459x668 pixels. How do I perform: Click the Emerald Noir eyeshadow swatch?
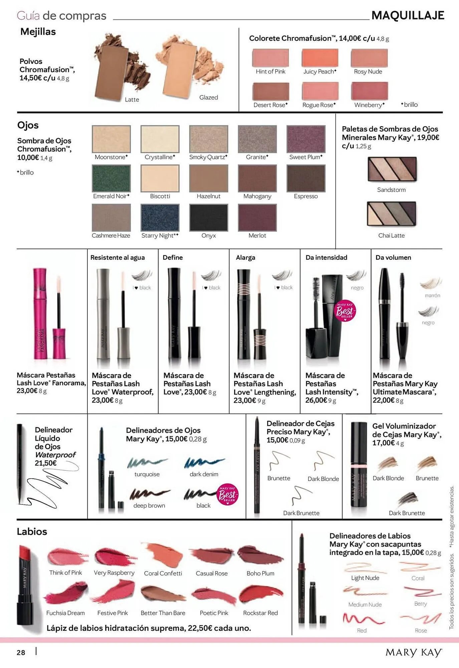(111, 178)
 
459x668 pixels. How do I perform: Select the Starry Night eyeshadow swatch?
(160, 217)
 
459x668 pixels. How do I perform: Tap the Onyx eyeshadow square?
(209, 217)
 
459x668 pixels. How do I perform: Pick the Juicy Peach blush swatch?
(320, 58)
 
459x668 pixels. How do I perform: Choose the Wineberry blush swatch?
(370, 91)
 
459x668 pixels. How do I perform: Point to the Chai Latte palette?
(391, 214)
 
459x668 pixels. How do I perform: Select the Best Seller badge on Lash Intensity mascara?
(345, 311)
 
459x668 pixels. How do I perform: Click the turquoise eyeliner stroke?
(147, 462)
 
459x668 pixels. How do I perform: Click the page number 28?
(21, 652)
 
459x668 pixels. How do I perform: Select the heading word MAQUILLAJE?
(408, 15)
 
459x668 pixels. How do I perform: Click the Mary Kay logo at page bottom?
(414, 653)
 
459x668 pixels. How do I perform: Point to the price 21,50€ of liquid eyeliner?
(46, 463)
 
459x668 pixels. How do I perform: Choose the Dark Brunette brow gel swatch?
(407, 500)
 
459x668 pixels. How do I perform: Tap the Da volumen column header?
(393, 258)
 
